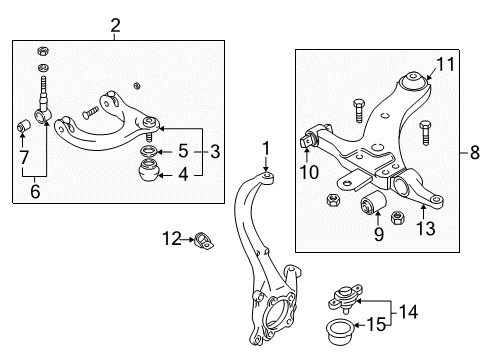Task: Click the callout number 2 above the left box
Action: tap(115, 26)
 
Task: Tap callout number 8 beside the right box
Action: tap(475, 153)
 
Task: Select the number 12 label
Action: tap(172, 238)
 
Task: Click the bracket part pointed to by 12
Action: tap(203, 241)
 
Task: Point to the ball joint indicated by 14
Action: tap(345, 297)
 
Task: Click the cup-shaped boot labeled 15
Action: tap(339, 331)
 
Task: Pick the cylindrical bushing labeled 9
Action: tap(373, 202)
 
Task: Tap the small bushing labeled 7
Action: tap(24, 125)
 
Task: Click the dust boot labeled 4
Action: tap(149, 170)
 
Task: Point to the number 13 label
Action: tap(426, 229)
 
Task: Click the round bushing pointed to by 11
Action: tap(414, 81)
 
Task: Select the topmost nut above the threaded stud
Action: tap(43, 51)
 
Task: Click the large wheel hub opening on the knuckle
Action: tap(277, 314)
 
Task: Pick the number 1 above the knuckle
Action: tap(266, 149)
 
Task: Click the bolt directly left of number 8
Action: tap(425, 133)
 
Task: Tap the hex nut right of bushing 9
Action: tap(398, 218)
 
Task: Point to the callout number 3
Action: tap(215, 151)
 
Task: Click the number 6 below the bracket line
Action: tap(35, 191)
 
